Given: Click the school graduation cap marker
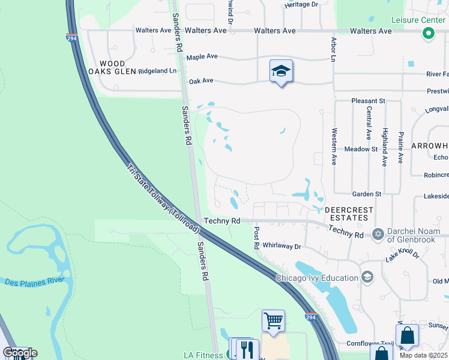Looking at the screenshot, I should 281,71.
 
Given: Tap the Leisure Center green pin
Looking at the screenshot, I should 428,34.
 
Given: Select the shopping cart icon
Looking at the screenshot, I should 273,320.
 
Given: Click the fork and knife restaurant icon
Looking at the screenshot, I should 248,349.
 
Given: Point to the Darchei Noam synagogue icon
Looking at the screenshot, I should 378,233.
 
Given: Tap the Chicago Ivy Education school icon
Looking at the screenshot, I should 367,277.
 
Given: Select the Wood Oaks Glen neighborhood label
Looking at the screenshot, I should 112,67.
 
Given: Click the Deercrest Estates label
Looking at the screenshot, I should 349,214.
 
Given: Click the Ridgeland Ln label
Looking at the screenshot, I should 158,71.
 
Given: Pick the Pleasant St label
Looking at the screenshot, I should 368,102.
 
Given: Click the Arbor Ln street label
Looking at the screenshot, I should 333,49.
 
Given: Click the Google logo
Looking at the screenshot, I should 20,353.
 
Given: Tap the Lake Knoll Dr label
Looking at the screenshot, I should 402,254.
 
